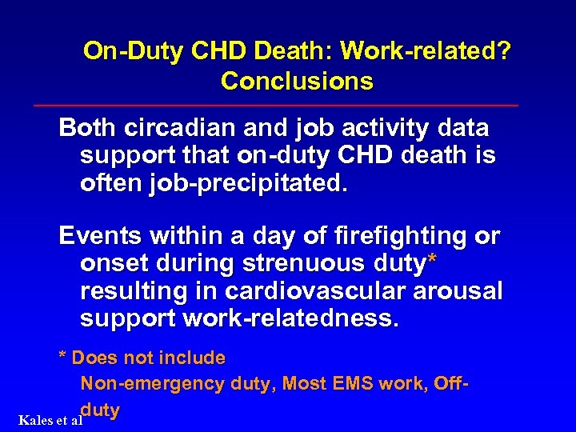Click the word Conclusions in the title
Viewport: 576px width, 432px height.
(297, 81)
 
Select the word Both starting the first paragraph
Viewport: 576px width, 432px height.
(87, 128)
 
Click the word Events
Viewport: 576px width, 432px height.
(98, 237)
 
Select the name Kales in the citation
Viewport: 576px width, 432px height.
(34, 420)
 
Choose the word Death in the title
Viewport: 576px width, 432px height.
(296, 52)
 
